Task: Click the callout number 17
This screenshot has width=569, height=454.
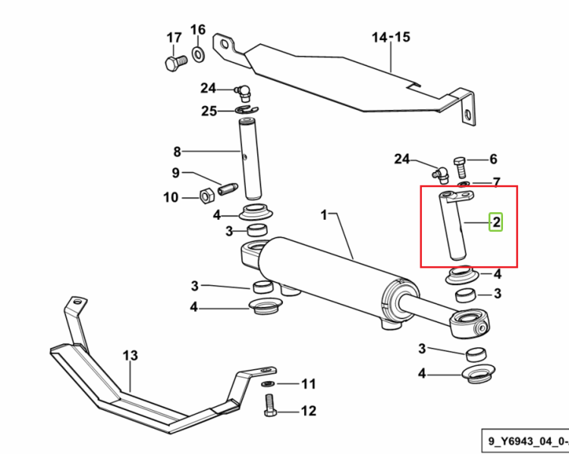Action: tap(174, 38)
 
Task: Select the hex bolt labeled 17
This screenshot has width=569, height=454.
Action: tap(176, 63)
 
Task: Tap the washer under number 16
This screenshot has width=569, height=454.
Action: tap(198, 55)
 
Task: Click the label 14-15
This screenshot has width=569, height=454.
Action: tap(391, 37)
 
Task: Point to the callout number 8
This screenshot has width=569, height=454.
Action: tap(177, 152)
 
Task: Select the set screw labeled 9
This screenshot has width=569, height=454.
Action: tap(228, 189)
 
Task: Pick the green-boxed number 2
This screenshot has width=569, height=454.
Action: tap(496, 221)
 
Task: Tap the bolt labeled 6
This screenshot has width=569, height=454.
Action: tap(460, 167)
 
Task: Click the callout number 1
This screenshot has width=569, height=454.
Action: tap(324, 215)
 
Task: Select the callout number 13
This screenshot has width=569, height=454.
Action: tap(130, 355)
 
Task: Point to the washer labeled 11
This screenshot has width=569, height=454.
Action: tap(268, 384)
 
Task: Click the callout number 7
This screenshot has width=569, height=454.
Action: tap(497, 182)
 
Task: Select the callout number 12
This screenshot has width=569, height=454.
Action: tap(309, 411)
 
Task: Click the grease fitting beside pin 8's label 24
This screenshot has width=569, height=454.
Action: tap(243, 92)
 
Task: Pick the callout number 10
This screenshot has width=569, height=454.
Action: tap(171, 198)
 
